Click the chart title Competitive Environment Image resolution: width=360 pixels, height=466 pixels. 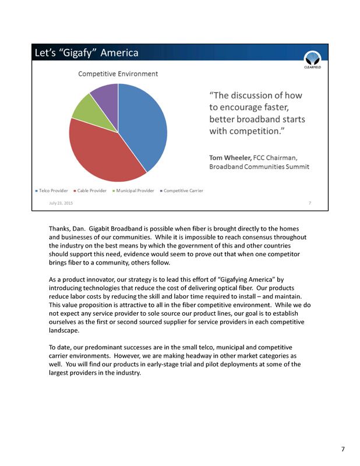click(x=118, y=74)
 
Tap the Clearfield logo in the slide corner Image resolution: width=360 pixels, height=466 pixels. click(x=312, y=59)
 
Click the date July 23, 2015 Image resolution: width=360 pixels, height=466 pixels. click(x=61, y=203)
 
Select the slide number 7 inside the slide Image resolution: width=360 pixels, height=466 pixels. click(x=310, y=203)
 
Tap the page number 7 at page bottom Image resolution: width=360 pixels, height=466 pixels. click(x=343, y=449)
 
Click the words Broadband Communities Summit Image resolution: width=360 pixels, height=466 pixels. click(x=259, y=167)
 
